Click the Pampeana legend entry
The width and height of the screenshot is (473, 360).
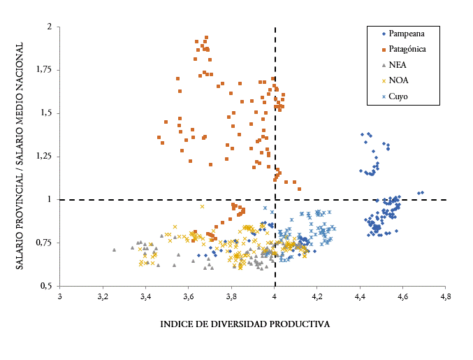pyautogui.click(x=406, y=34)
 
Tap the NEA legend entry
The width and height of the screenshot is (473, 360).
pyautogui.click(x=398, y=64)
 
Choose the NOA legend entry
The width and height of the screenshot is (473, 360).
pyautogui.click(x=398, y=80)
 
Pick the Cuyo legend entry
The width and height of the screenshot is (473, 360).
pyautogui.click(x=399, y=96)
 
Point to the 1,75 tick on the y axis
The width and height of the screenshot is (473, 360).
pyautogui.click(x=43, y=69)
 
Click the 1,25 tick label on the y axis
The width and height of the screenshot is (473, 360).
pyautogui.click(x=43, y=156)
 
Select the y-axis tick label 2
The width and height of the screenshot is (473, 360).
pyautogui.click(x=49, y=27)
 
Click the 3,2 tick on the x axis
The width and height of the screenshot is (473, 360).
pyautogui.click(x=103, y=296)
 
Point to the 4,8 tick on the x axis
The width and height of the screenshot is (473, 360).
pyautogui.click(x=446, y=296)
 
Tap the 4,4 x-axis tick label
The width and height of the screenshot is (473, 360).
pyautogui.click(x=360, y=296)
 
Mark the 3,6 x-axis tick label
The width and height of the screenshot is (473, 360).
pyautogui.click(x=189, y=296)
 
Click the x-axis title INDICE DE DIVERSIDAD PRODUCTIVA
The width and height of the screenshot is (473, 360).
pyautogui.click(x=245, y=324)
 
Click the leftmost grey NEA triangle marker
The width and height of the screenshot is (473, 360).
pyautogui.click(x=114, y=250)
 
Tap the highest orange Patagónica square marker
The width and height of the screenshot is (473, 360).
pyautogui.click(x=206, y=37)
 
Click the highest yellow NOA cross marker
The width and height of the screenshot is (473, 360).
pyautogui.click(x=202, y=206)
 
